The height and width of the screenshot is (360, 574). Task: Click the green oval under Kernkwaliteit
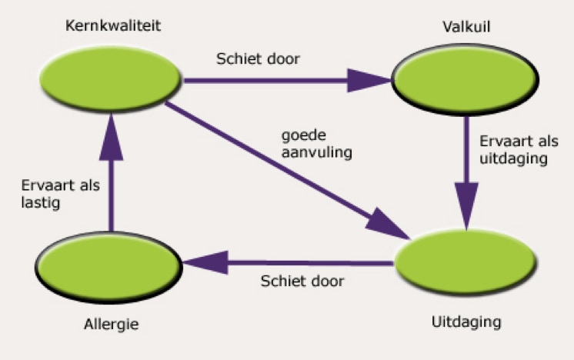coord(112,77)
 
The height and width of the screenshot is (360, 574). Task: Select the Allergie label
coord(112,324)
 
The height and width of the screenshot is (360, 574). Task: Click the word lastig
coord(39,205)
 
